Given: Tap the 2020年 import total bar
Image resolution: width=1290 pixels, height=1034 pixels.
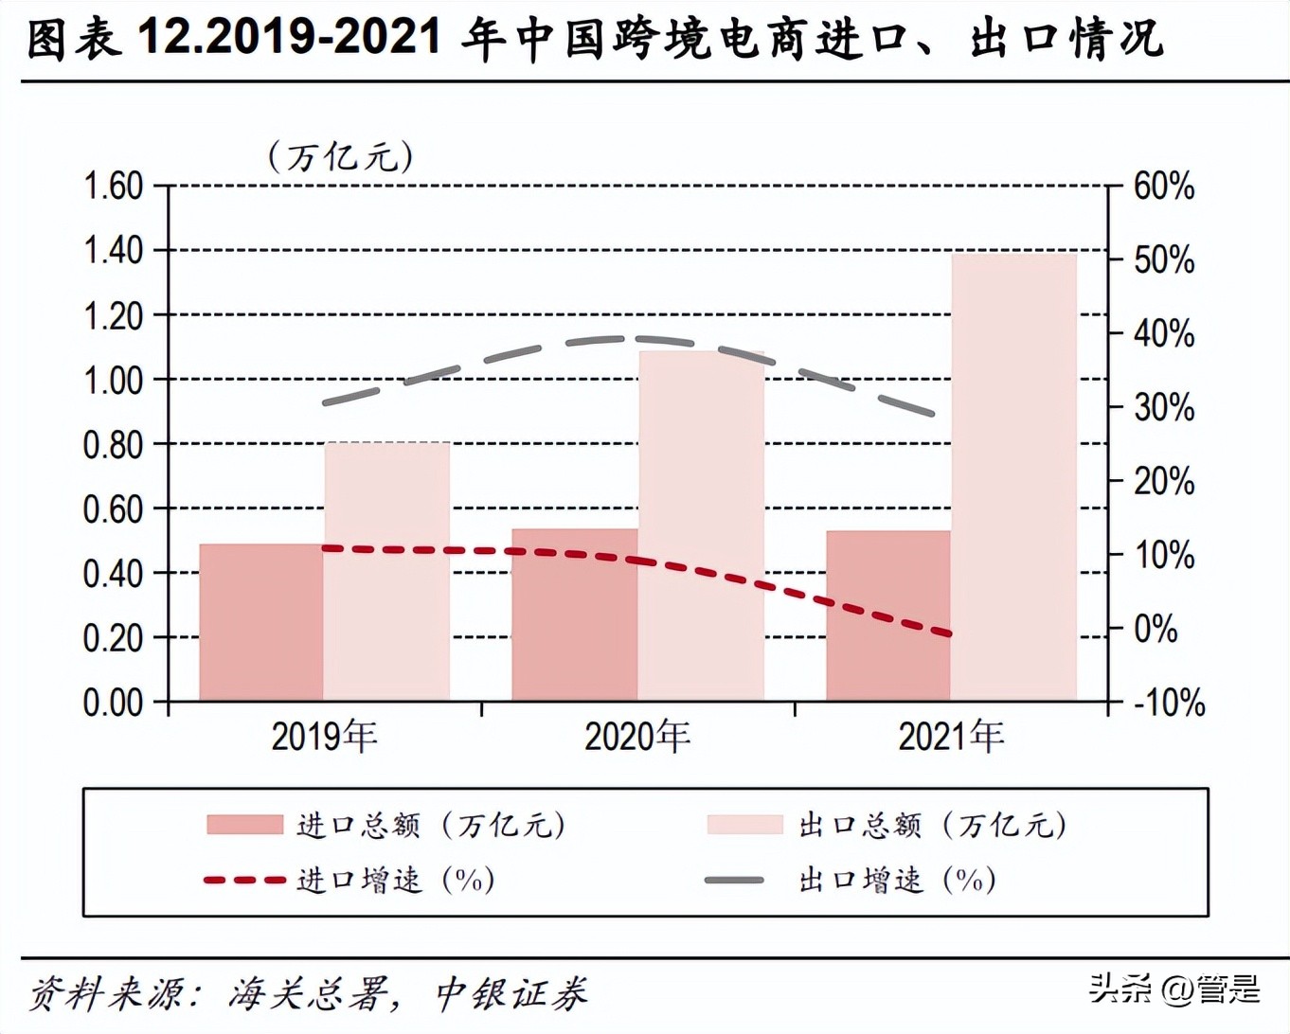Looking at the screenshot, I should (575, 615).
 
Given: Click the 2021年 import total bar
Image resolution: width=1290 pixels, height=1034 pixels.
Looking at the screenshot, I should (888, 615).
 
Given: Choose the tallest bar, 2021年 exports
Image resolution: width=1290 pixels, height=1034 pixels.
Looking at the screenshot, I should (1013, 477).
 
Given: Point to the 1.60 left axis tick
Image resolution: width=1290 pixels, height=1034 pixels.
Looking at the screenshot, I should (113, 187).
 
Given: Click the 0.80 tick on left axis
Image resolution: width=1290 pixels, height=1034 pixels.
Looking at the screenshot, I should (113, 445).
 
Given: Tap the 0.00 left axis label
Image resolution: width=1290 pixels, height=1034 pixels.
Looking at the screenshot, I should (113, 704).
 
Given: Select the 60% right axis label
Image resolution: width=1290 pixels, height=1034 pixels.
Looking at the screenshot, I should (1164, 187).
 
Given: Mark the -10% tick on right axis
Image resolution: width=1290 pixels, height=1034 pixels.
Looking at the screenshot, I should (1169, 704).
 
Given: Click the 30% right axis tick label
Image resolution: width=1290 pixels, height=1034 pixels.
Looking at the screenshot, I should (1164, 408).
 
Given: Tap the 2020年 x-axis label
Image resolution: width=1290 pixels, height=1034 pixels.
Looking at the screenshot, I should (637, 737).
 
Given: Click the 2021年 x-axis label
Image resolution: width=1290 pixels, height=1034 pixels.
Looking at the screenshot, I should (951, 737).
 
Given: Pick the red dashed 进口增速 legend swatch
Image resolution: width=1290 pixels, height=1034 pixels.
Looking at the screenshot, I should (244, 881).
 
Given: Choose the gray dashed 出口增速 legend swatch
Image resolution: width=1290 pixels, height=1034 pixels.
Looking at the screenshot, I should (735, 881).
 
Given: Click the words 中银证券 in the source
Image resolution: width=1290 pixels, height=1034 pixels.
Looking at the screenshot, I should (511, 994).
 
